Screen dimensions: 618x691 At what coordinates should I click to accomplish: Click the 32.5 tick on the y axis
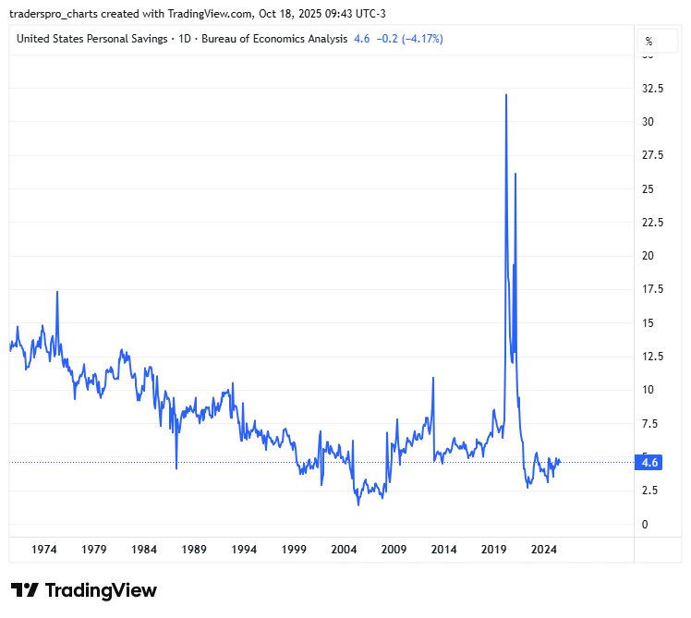[653, 89]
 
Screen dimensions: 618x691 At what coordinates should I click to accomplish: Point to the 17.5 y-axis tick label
[653, 289]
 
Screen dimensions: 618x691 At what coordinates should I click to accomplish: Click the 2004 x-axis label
[344, 549]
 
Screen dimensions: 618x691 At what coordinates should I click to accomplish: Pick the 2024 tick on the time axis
[543, 549]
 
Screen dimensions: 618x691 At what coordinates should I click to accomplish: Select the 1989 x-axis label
[194, 549]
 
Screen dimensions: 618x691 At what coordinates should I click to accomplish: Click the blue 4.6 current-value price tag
[649, 463]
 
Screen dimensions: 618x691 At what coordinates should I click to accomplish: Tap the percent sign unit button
[649, 42]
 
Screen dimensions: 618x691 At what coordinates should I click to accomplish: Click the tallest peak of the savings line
[505, 94]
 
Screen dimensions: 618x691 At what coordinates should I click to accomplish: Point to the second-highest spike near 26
[515, 174]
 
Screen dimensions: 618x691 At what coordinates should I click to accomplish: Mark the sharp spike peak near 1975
[57, 292]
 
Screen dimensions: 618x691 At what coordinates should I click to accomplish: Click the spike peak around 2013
[433, 377]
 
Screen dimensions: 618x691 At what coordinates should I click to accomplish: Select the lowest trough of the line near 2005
[358, 504]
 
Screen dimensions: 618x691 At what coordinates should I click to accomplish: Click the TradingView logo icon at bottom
[25, 590]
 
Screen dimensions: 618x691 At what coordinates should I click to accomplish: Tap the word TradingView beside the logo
[101, 590]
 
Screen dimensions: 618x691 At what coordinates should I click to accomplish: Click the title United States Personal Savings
[92, 39]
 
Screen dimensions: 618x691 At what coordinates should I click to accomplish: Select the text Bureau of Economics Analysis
[275, 39]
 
